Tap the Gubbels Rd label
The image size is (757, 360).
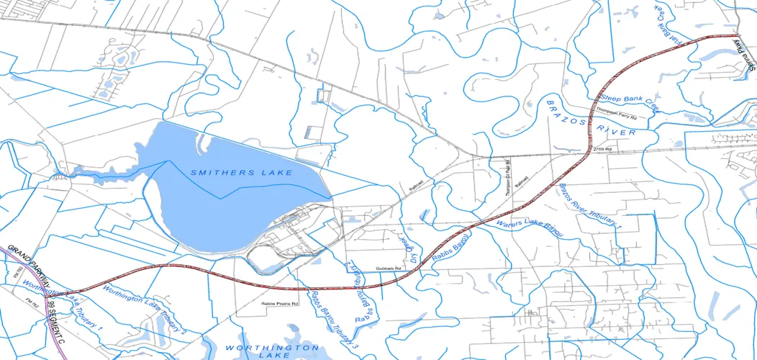(x=389, y=268)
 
